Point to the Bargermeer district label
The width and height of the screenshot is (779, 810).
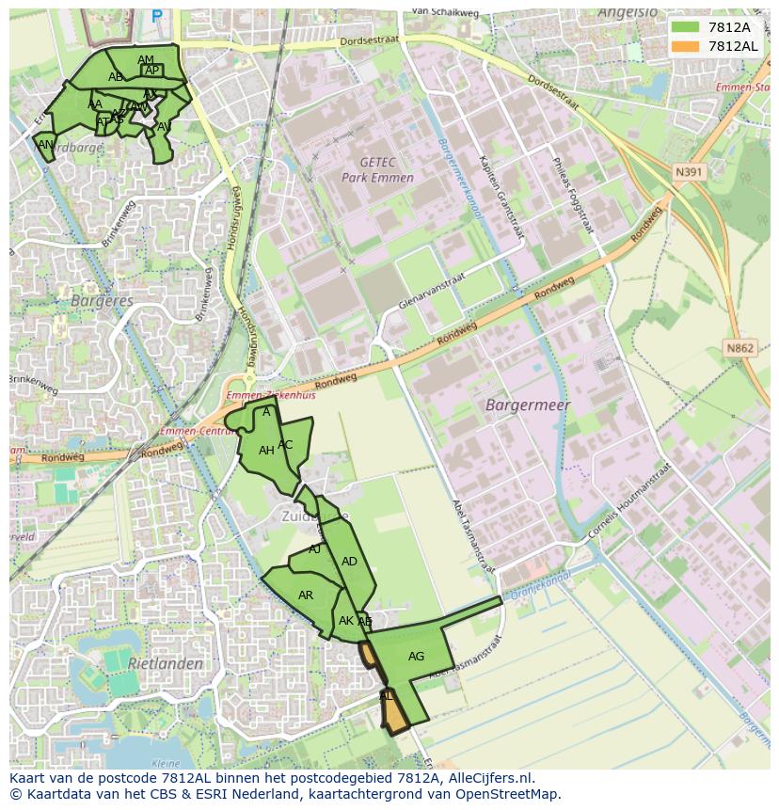[528, 405]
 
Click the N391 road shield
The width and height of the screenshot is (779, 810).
[690, 172]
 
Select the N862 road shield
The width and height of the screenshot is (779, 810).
[740, 348]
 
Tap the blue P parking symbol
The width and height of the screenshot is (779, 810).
[157, 16]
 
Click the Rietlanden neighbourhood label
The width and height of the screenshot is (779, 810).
[166, 663]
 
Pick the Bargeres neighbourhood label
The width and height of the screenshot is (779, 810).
[102, 301]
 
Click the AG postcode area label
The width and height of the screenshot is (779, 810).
[416, 657]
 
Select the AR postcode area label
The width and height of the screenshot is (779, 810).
[306, 596]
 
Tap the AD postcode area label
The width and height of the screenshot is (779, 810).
[349, 562]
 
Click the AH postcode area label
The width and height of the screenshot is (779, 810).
[266, 451]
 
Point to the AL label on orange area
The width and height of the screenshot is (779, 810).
[387, 697]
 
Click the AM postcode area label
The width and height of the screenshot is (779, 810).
[146, 60]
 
